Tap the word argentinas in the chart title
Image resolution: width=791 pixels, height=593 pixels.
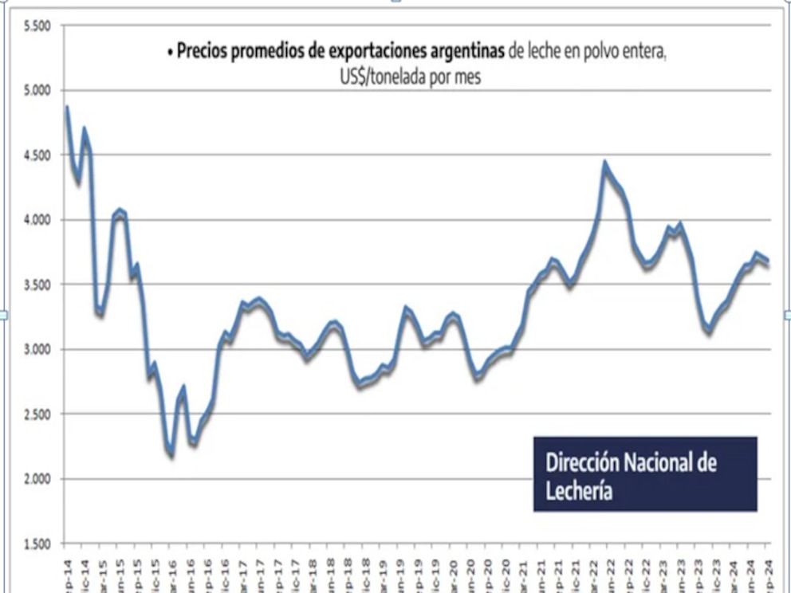(463, 53)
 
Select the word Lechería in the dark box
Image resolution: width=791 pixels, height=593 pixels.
(580, 490)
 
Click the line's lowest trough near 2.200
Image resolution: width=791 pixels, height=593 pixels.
(171, 454)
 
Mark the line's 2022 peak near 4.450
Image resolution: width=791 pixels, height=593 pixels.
(605, 164)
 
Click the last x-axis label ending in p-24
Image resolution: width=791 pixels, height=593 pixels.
(767, 575)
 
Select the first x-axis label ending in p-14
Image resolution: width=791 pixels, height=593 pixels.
(67, 575)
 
